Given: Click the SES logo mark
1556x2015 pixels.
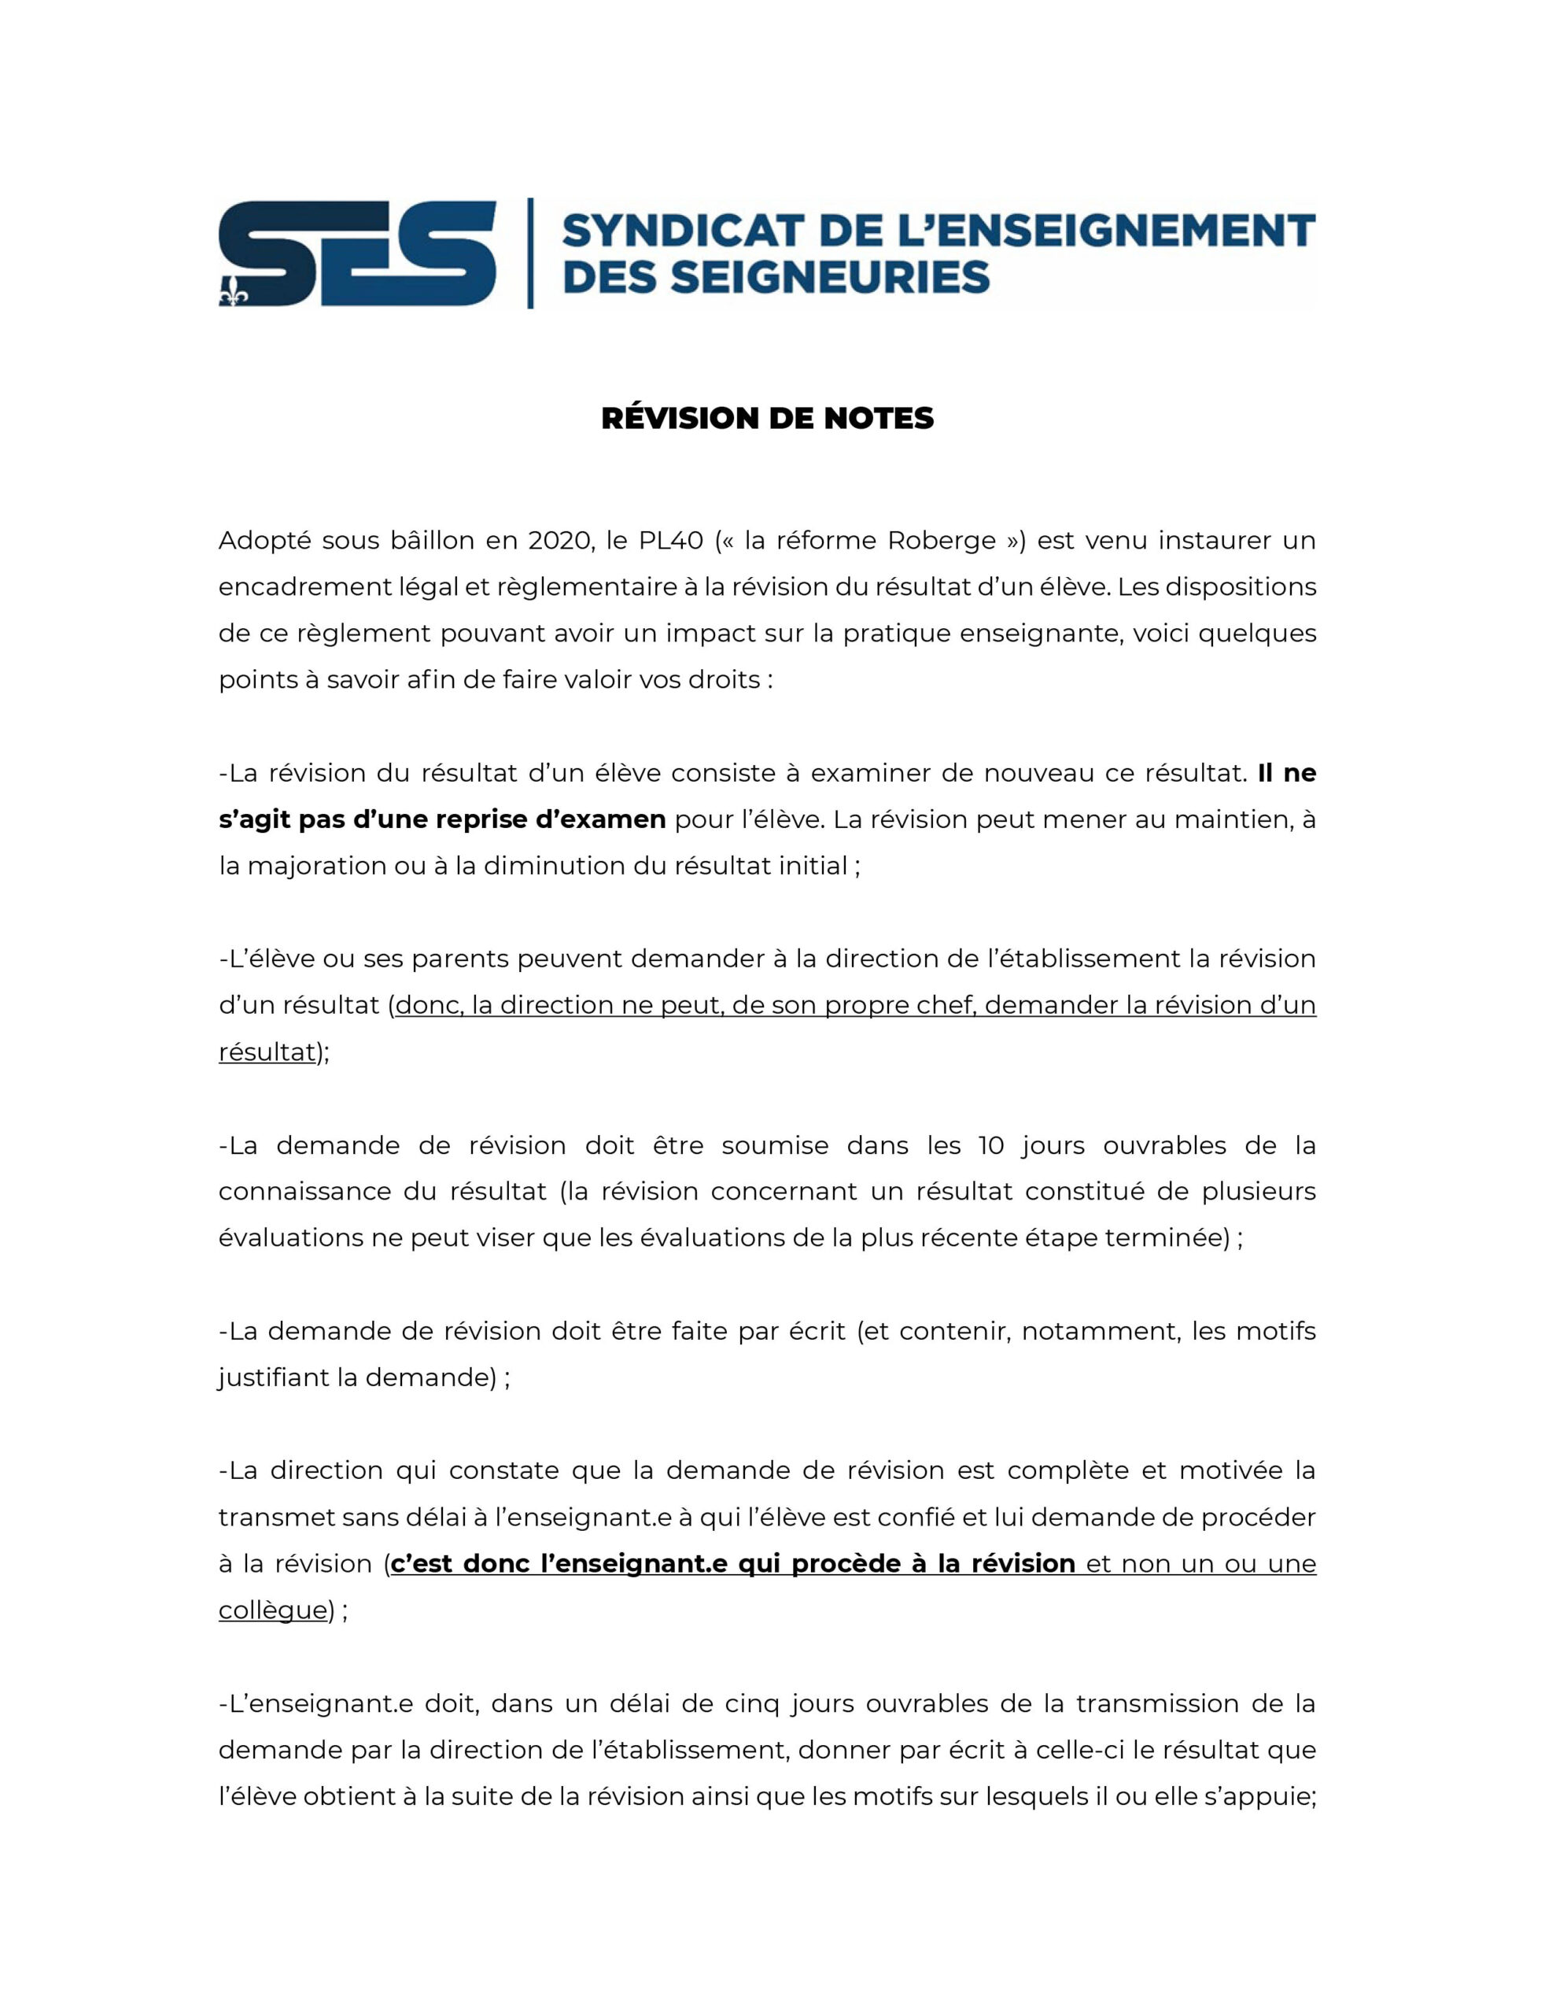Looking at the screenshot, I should click(357, 253).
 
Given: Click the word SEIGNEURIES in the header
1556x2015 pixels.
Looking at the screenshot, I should click(829, 277).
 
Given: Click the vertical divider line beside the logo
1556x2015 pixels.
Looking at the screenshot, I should click(530, 253).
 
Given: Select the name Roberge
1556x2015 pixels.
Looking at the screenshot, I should click(941, 541).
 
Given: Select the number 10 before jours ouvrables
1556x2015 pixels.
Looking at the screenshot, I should click(990, 1145).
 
